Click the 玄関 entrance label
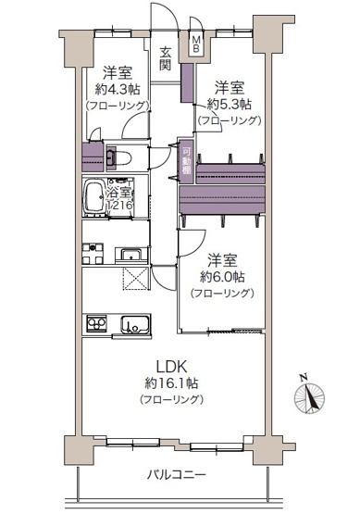click(166, 59)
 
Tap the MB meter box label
click(196, 44)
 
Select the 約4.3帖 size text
click(118, 89)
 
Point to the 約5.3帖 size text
click(229, 105)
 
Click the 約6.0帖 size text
click(222, 277)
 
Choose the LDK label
click(171, 367)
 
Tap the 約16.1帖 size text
click(171, 382)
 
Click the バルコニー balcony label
click(176, 475)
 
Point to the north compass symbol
click(309, 395)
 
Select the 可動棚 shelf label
click(187, 160)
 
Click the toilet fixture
click(118, 157)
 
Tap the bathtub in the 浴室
click(95, 196)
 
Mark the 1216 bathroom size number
click(120, 206)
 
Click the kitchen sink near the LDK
click(136, 324)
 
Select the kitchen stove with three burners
click(96, 323)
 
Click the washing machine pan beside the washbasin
click(93, 254)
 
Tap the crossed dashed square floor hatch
click(136, 279)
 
